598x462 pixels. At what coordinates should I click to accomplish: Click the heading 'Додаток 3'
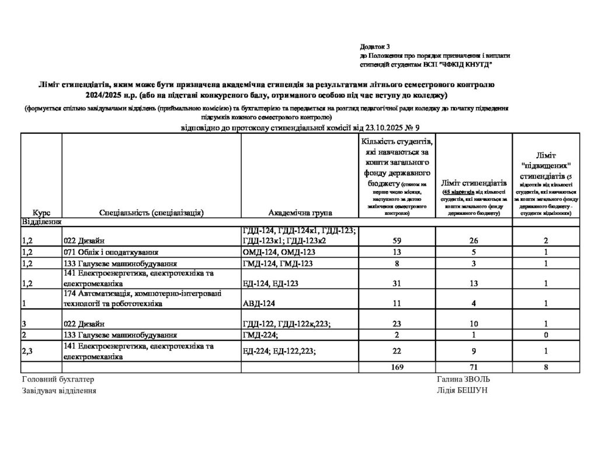[x=374, y=46]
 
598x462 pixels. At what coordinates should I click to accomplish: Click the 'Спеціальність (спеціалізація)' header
[x=151, y=213]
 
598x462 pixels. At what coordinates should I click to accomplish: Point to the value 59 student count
[x=397, y=239]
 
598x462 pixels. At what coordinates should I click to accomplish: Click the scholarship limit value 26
[x=474, y=239]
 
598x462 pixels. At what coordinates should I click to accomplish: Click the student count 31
[x=397, y=284]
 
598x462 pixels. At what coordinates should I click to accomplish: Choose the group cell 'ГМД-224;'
[x=259, y=335]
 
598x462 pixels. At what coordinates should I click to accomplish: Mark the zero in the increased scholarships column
[x=545, y=335]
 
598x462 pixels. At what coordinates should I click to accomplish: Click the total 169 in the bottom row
[x=397, y=367]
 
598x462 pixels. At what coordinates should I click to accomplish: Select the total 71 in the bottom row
[x=474, y=367]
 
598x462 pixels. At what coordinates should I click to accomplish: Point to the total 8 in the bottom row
[x=545, y=367]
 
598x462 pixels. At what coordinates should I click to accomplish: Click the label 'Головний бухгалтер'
[x=57, y=378]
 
